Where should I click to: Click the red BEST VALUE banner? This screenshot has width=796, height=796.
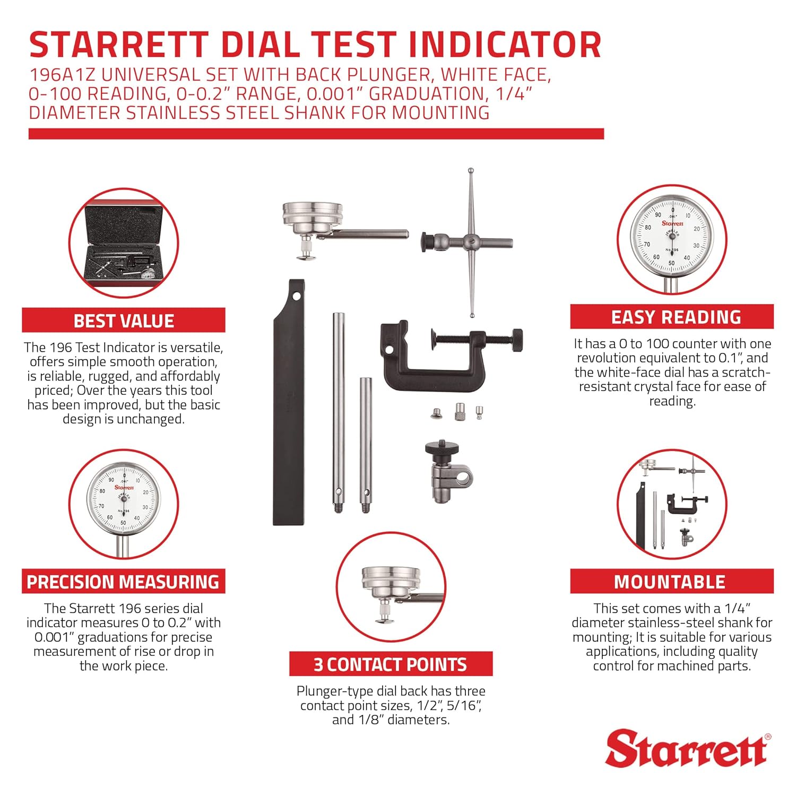tap(123, 321)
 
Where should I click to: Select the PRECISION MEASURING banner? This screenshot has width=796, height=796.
tap(123, 582)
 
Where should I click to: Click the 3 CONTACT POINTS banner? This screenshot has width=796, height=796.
tap(391, 664)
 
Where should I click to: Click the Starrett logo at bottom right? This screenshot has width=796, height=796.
tap(687, 748)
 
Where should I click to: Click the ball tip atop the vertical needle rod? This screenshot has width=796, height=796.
tap(471, 171)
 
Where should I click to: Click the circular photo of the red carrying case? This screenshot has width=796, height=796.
tap(124, 243)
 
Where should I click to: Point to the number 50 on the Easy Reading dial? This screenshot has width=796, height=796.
tap(671, 263)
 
